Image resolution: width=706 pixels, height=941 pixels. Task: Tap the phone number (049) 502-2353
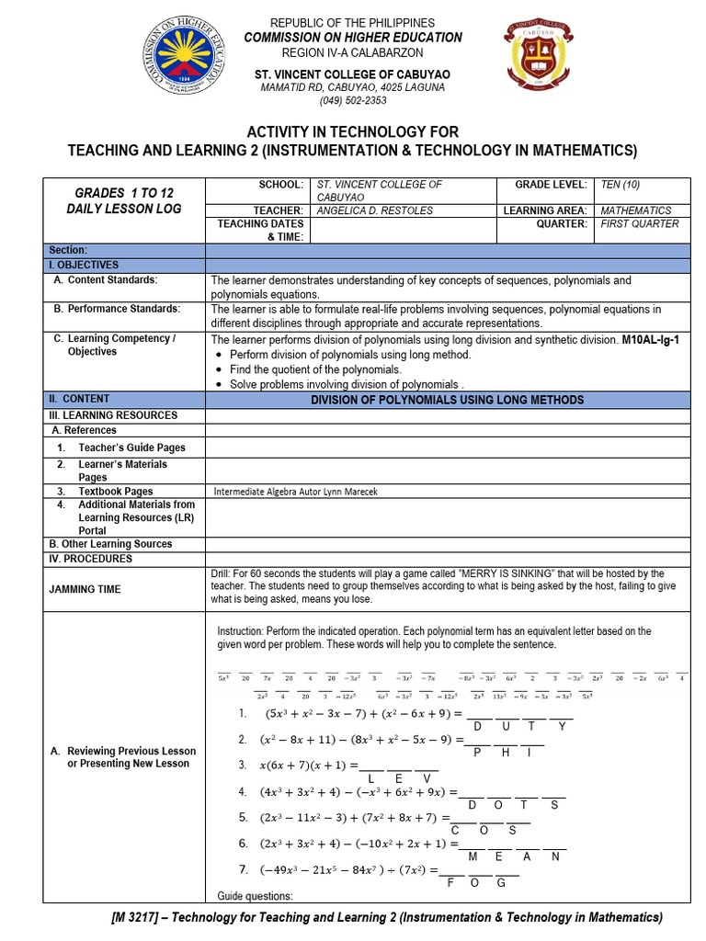point(352,101)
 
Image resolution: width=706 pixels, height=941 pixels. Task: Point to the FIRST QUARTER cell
point(640,223)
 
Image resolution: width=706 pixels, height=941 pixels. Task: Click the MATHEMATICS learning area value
point(636,210)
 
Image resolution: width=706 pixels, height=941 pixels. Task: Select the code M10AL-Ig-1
point(650,339)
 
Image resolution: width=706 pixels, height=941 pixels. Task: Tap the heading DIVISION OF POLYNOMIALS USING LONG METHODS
point(447,400)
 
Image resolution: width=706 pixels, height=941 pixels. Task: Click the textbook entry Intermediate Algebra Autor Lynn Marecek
point(295,492)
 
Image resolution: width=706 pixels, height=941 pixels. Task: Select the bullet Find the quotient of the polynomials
point(316,369)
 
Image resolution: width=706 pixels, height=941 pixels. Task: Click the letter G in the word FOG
point(502,882)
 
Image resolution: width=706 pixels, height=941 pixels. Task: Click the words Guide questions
point(255,896)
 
